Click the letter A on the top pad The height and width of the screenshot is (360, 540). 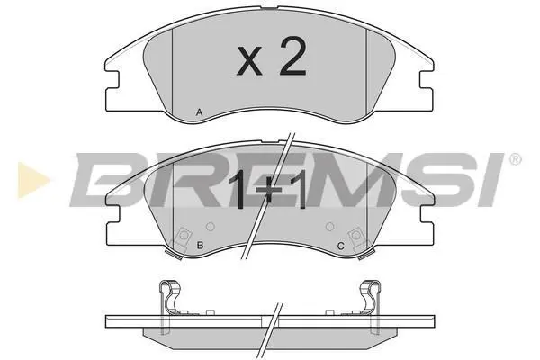pyautogui.click(x=199, y=112)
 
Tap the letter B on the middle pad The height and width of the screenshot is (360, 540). pyautogui.click(x=200, y=246)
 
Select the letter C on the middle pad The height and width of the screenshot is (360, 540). pyautogui.click(x=340, y=246)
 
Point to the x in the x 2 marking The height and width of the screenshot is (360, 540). pyautogui.click(x=249, y=62)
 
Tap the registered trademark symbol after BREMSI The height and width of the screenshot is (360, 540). pyautogui.click(x=515, y=159)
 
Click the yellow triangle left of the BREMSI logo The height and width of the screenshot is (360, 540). pyautogui.click(x=33, y=180)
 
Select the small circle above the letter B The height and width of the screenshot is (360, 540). pyautogui.click(x=210, y=227)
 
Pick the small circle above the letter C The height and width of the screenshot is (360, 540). pyautogui.click(x=330, y=227)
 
